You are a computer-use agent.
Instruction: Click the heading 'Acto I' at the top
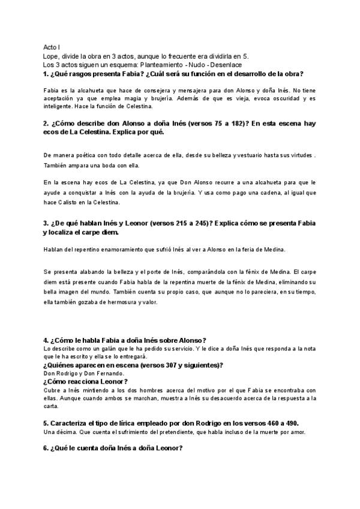52,47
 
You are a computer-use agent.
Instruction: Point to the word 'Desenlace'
224,65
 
